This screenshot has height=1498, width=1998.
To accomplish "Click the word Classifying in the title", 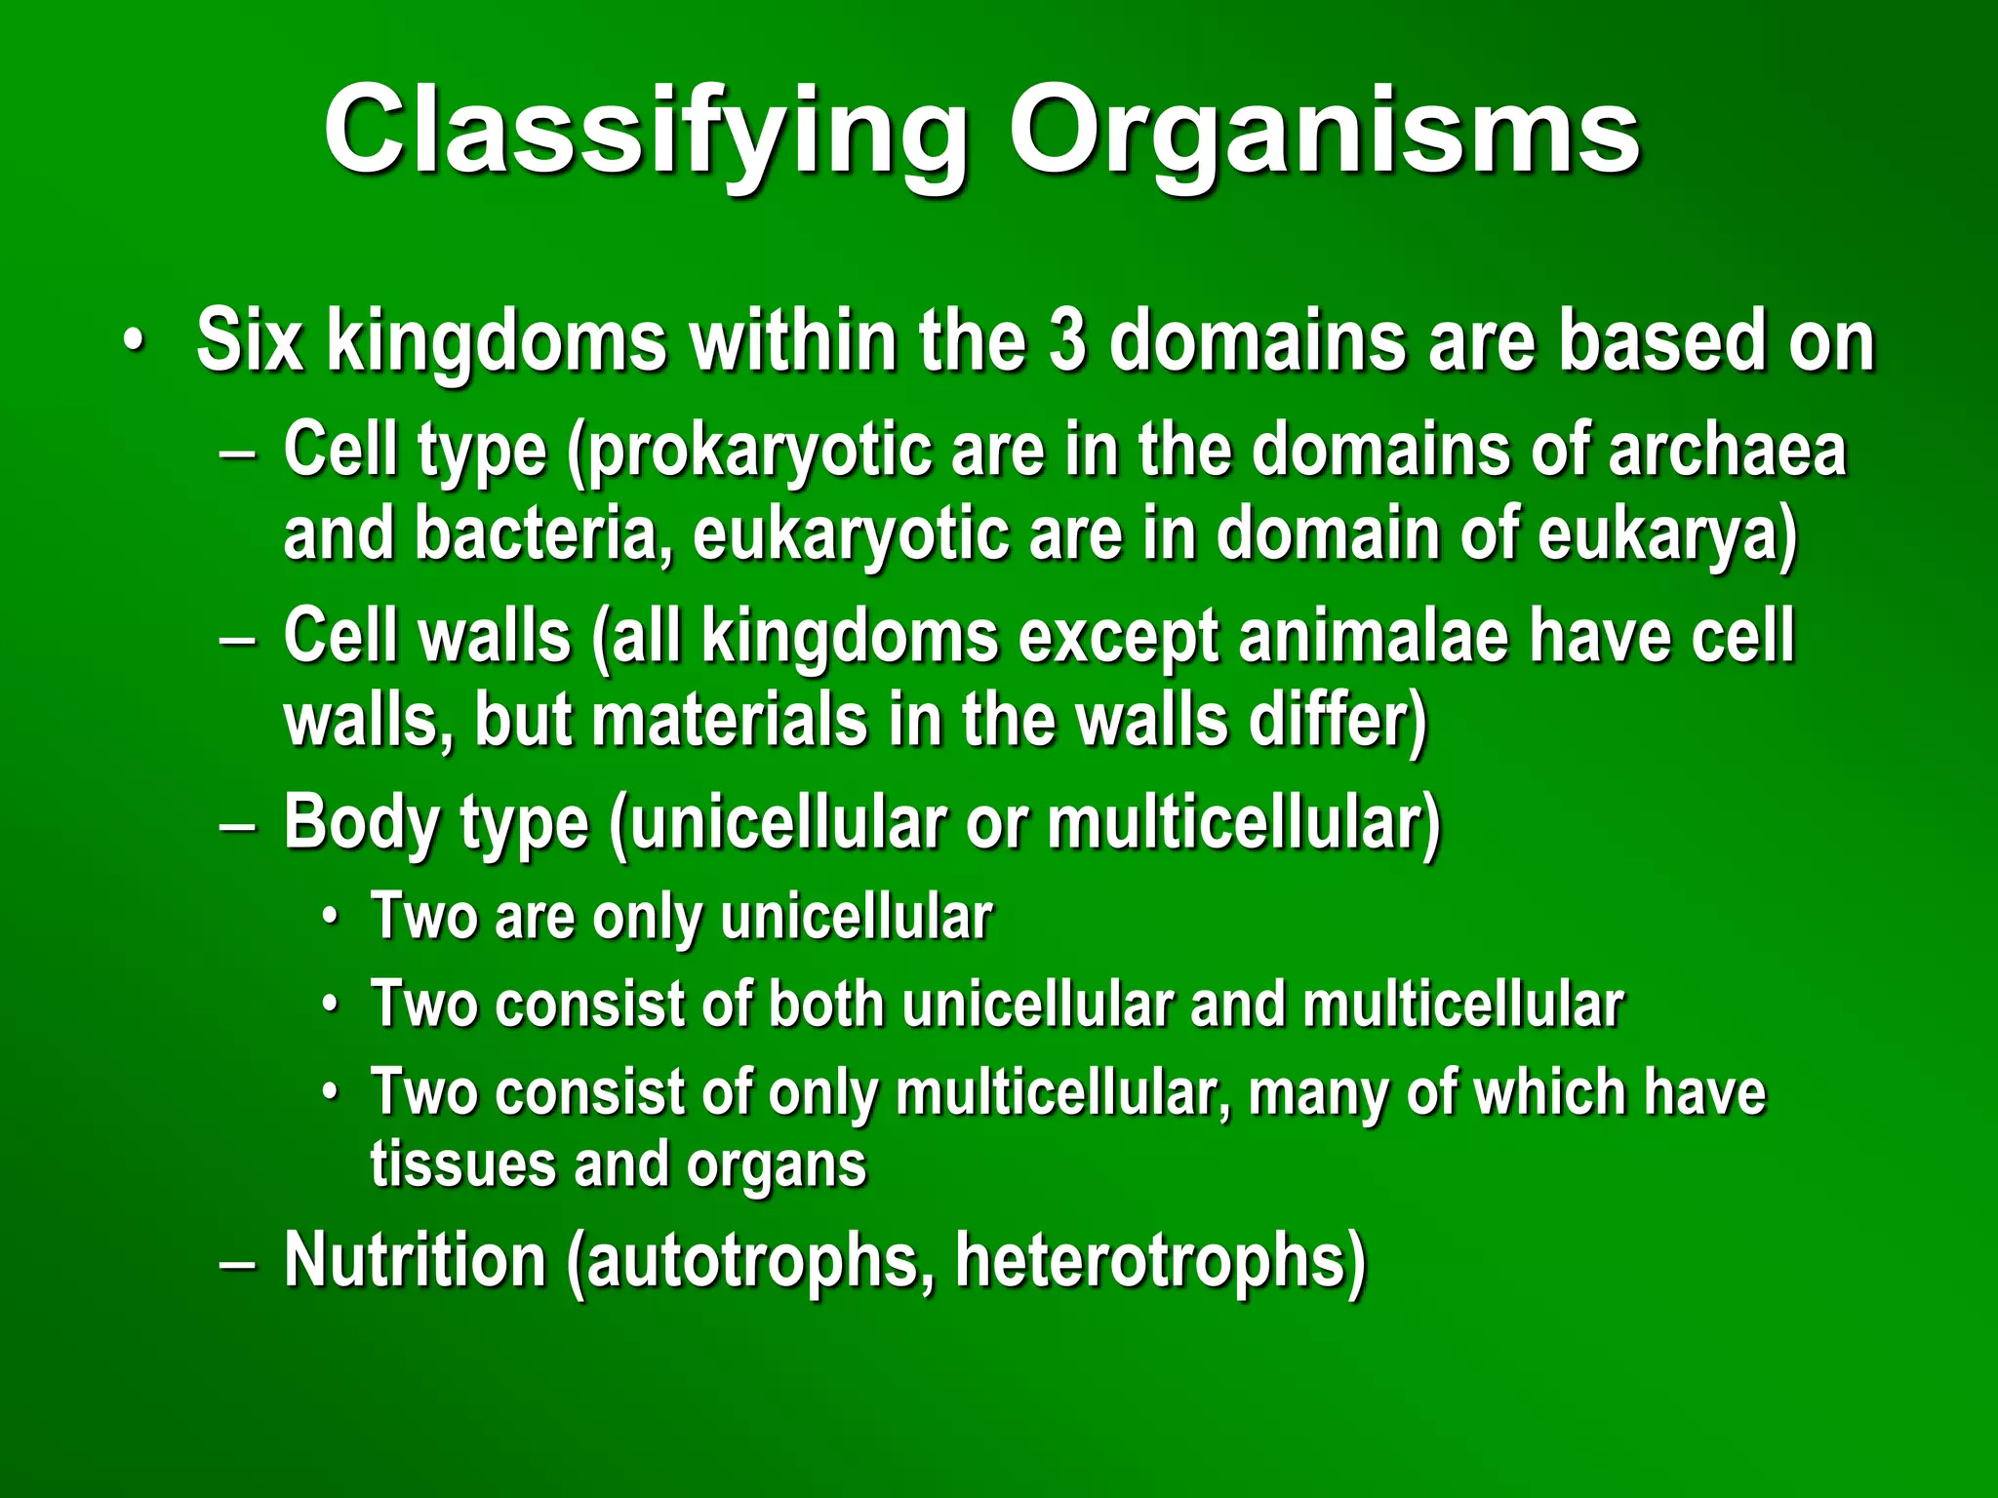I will (645, 132).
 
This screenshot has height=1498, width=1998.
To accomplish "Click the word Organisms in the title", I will (1324, 132).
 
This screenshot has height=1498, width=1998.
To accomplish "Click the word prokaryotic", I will (749, 452).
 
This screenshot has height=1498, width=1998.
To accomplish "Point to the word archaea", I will (1727, 450).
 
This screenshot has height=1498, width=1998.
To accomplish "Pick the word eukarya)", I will (1668, 535).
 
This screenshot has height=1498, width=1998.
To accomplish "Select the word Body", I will (357, 822).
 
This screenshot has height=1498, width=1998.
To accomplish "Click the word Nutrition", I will (415, 1260).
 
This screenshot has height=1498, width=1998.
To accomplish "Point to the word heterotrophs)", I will (1161, 1260).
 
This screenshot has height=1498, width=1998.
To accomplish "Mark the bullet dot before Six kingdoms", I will (134, 342).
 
